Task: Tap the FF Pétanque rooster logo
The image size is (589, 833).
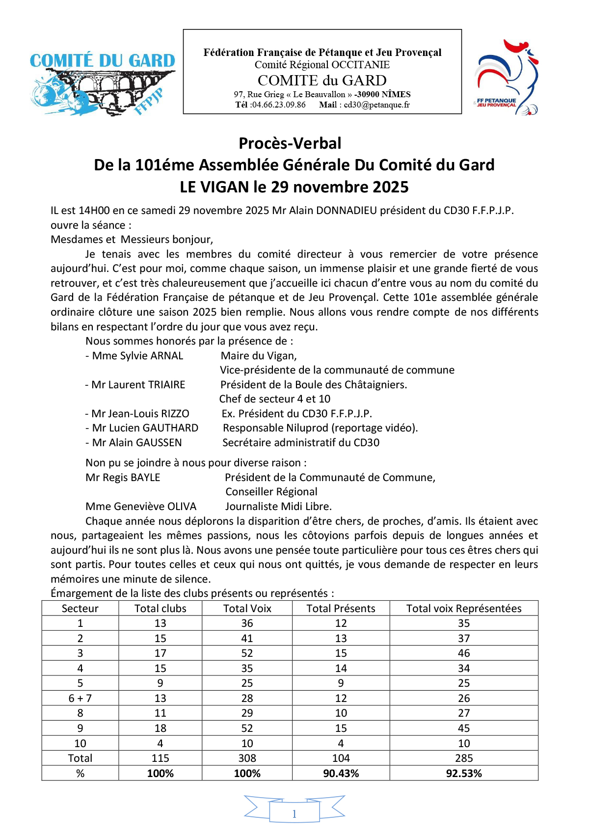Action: click(506, 78)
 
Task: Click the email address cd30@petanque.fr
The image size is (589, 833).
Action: click(376, 105)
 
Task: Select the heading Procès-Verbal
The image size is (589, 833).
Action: click(290, 143)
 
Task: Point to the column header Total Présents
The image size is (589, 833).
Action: click(341, 609)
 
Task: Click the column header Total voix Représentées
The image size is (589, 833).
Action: click(464, 609)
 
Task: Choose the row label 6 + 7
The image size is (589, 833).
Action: click(80, 699)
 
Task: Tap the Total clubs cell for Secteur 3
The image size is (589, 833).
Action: click(160, 653)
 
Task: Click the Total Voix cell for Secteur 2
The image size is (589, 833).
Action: click(247, 639)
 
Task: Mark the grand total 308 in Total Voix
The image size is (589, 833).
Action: click(247, 758)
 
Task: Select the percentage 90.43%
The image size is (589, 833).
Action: click(341, 774)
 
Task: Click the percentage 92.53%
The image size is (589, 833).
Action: click(464, 774)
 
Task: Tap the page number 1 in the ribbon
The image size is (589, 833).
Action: click(294, 814)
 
